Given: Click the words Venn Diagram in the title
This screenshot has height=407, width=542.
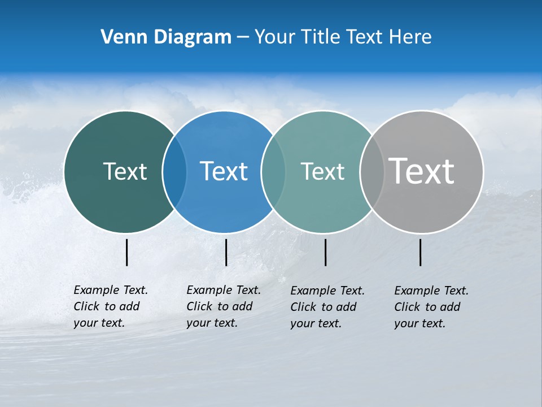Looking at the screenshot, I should pyautogui.click(x=166, y=37).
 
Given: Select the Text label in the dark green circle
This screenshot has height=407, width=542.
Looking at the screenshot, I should pyautogui.click(x=125, y=171).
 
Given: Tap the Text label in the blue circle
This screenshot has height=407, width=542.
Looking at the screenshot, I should pyautogui.click(x=224, y=171).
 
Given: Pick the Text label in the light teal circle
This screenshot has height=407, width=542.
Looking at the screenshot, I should pyautogui.click(x=322, y=171).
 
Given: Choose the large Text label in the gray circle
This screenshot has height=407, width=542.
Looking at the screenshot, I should pyautogui.click(x=422, y=171).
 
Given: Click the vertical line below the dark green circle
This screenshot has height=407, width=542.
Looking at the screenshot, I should pyautogui.click(x=126, y=252).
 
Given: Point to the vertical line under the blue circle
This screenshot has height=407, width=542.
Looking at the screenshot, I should pyautogui.click(x=226, y=252).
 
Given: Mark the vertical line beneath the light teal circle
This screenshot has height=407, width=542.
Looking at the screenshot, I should pyautogui.click(x=325, y=252).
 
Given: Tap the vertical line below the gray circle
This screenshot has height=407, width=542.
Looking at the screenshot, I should pyautogui.click(x=420, y=252).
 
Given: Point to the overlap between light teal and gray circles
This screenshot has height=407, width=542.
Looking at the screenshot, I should pyautogui.click(x=371, y=171).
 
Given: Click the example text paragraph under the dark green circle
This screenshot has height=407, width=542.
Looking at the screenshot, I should pyautogui.click(x=111, y=306).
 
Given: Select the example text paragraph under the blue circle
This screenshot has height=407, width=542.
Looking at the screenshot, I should pyautogui.click(x=224, y=306).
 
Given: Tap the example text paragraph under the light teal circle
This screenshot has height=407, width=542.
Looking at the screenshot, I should pyautogui.click(x=327, y=307).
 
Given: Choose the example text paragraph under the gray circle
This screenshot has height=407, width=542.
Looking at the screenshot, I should pyautogui.click(x=431, y=307).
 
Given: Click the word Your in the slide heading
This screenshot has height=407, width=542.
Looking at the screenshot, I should pyautogui.click(x=274, y=37).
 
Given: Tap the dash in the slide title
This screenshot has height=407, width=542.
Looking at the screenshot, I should pyautogui.click(x=243, y=37).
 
